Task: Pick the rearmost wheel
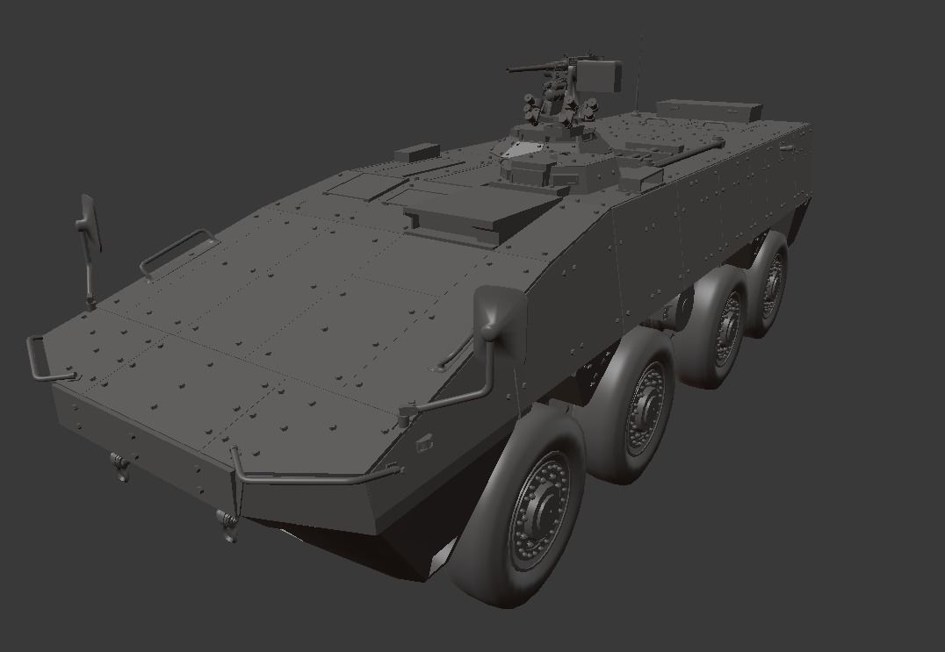768,284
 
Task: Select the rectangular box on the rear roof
707,109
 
